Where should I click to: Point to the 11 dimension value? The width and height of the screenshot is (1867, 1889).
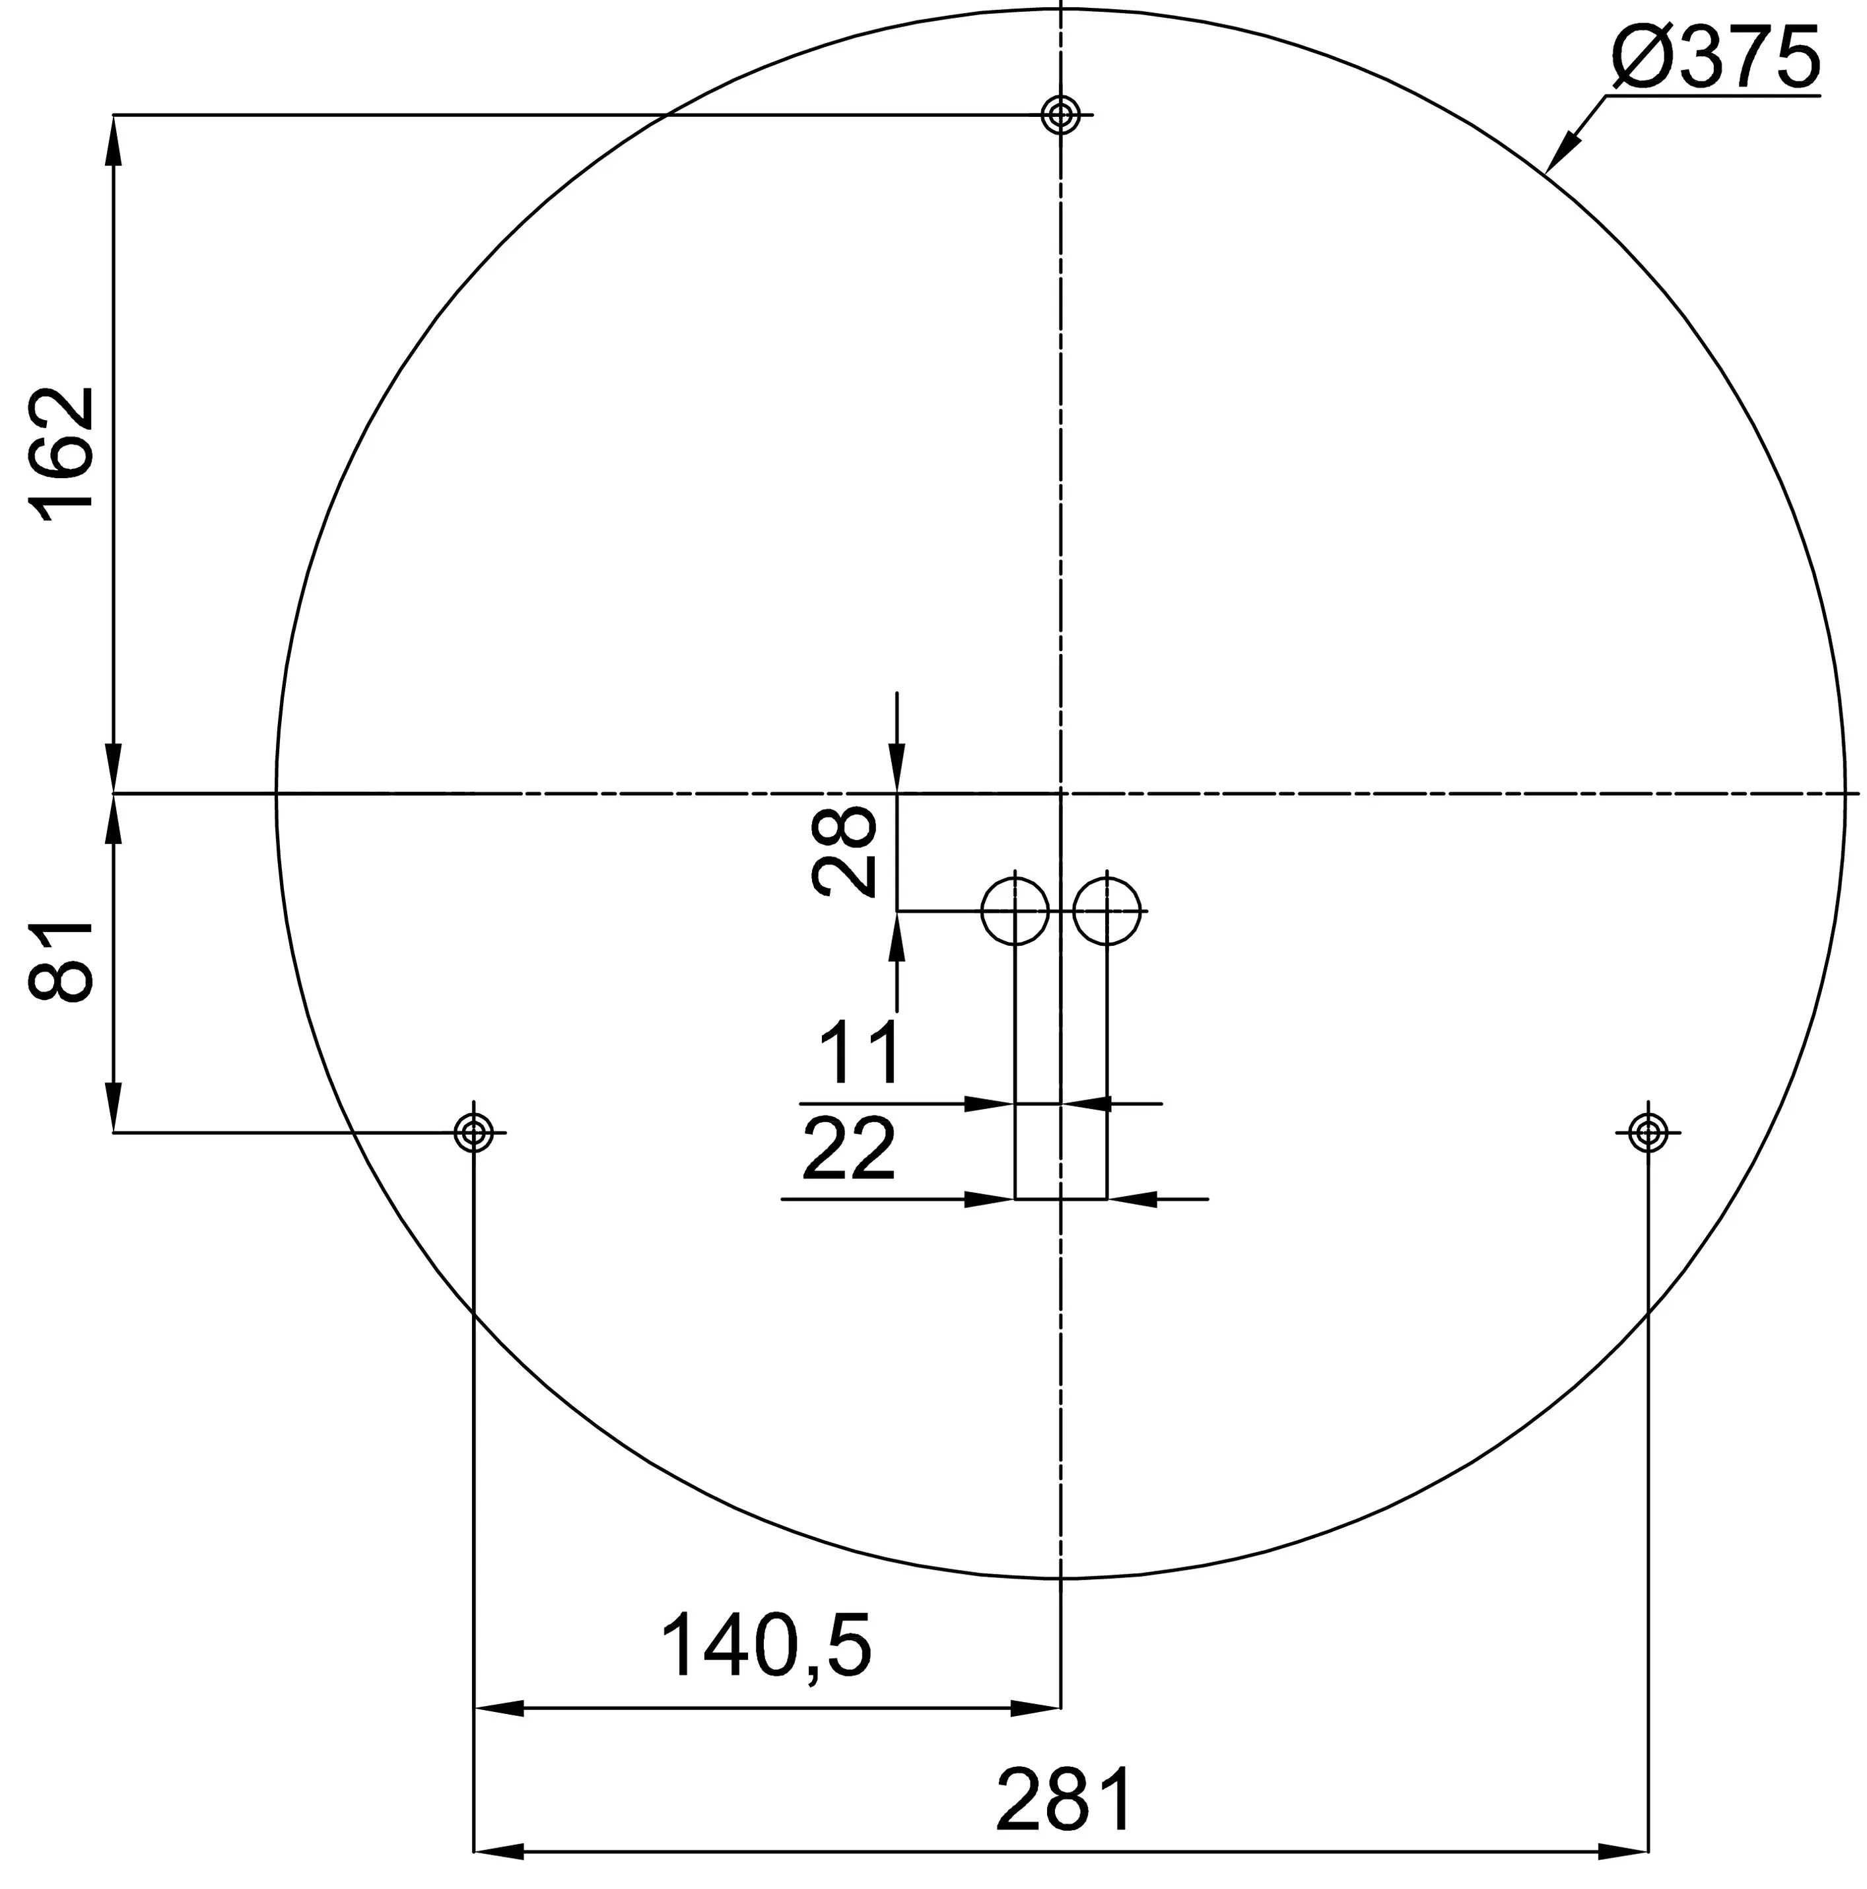coord(858,1052)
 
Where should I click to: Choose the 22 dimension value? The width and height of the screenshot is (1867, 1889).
coord(848,1149)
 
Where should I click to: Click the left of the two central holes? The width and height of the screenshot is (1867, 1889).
coord(1015,910)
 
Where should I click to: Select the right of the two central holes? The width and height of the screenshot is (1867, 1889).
coord(1106,910)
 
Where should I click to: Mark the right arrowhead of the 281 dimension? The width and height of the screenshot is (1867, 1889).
coord(1625,1851)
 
